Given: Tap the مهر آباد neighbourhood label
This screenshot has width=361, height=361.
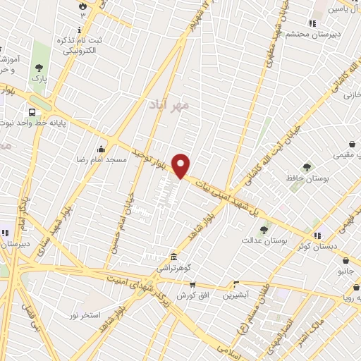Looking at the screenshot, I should pyautogui.click(x=166, y=104).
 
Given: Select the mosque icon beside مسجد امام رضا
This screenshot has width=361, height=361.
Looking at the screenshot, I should pyautogui.click(x=102, y=149).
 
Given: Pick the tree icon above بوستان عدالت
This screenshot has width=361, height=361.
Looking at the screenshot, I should pyautogui.click(x=264, y=230).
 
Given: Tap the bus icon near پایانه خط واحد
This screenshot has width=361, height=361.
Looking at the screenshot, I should pyautogui.click(x=32, y=111).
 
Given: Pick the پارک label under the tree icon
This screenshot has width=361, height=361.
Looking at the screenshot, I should pyautogui.click(x=39, y=80).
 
